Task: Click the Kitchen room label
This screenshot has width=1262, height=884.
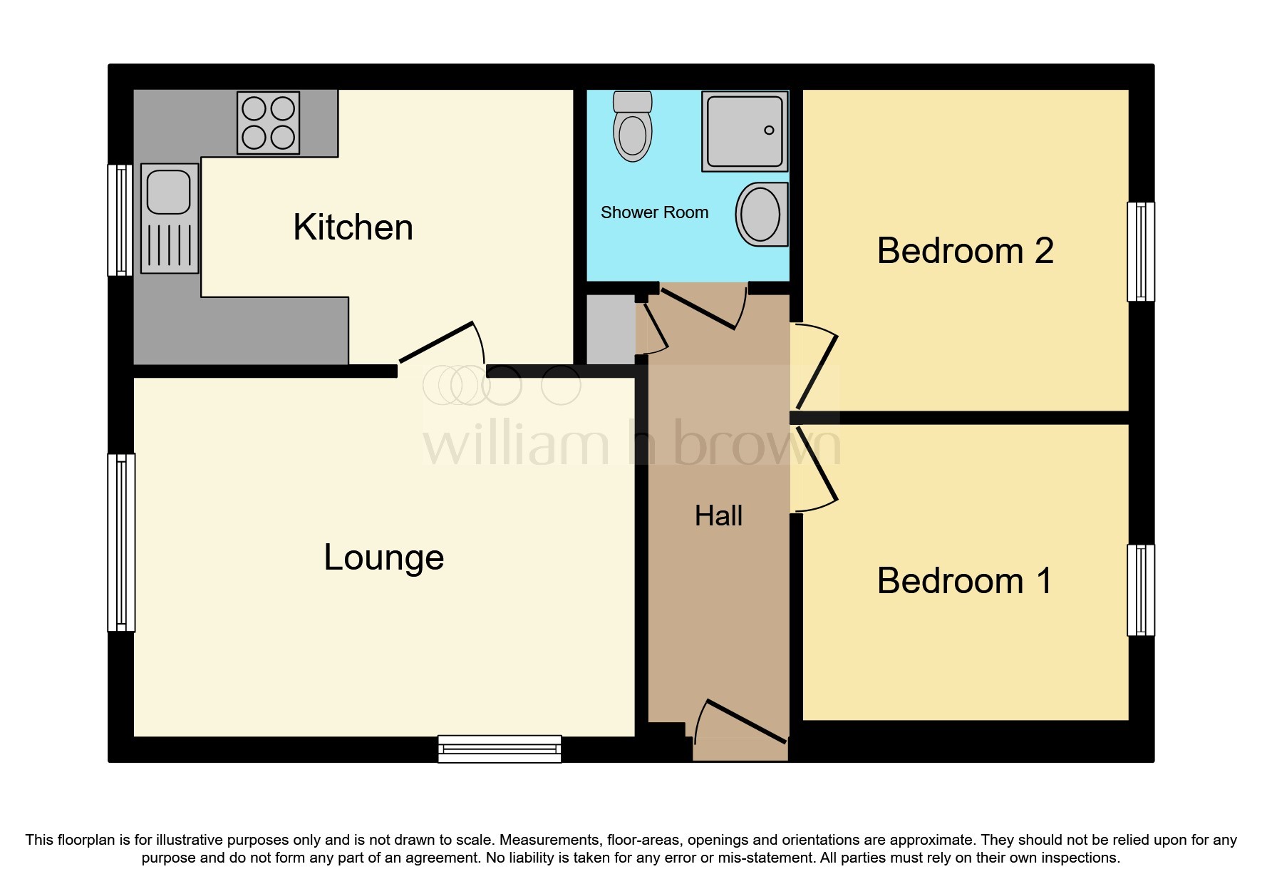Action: click(353, 227)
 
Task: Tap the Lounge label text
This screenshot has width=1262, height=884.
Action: click(383, 557)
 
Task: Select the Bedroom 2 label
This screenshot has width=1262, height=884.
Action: click(965, 251)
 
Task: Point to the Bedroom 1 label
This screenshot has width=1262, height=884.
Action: click(964, 580)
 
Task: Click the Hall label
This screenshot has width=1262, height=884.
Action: click(718, 515)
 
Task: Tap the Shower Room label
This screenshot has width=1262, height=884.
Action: click(654, 212)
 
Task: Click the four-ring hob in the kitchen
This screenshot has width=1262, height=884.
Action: click(268, 123)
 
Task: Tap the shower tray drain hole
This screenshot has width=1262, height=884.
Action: click(769, 130)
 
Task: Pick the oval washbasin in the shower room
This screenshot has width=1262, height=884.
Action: click(761, 214)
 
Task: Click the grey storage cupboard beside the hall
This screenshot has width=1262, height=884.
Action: click(610, 329)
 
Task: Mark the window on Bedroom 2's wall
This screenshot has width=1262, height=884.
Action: click(1140, 252)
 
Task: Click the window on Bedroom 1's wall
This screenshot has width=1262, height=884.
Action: click(1140, 590)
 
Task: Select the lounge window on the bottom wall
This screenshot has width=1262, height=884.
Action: click(500, 749)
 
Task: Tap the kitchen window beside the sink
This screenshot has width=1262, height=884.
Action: click(120, 220)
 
